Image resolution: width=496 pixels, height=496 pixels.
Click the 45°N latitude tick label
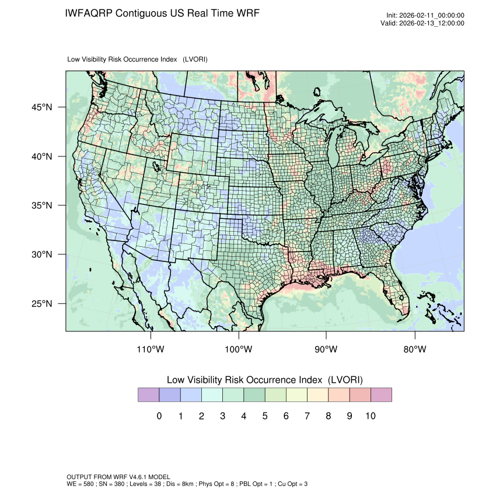pos(41,107)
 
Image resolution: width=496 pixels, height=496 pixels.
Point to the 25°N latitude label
pos(41,304)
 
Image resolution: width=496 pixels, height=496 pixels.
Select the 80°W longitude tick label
pos(415,350)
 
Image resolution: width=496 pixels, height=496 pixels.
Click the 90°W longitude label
pos(327,350)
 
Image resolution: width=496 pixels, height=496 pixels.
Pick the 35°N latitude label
pos(41,205)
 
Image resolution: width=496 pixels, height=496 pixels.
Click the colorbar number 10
pos(370,416)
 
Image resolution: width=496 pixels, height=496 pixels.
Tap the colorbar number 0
pos(159,416)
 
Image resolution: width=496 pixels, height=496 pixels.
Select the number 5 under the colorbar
pos(264,416)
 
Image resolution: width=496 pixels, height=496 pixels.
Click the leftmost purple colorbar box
pos(148,395)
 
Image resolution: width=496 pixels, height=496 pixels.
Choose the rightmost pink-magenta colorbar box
pos(381,395)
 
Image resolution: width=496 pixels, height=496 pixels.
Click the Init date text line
pos(425,16)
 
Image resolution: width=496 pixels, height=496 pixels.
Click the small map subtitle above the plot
pos(138,60)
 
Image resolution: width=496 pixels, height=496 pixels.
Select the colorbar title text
pos(264,380)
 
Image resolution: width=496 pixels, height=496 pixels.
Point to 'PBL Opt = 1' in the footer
pos(253,484)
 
